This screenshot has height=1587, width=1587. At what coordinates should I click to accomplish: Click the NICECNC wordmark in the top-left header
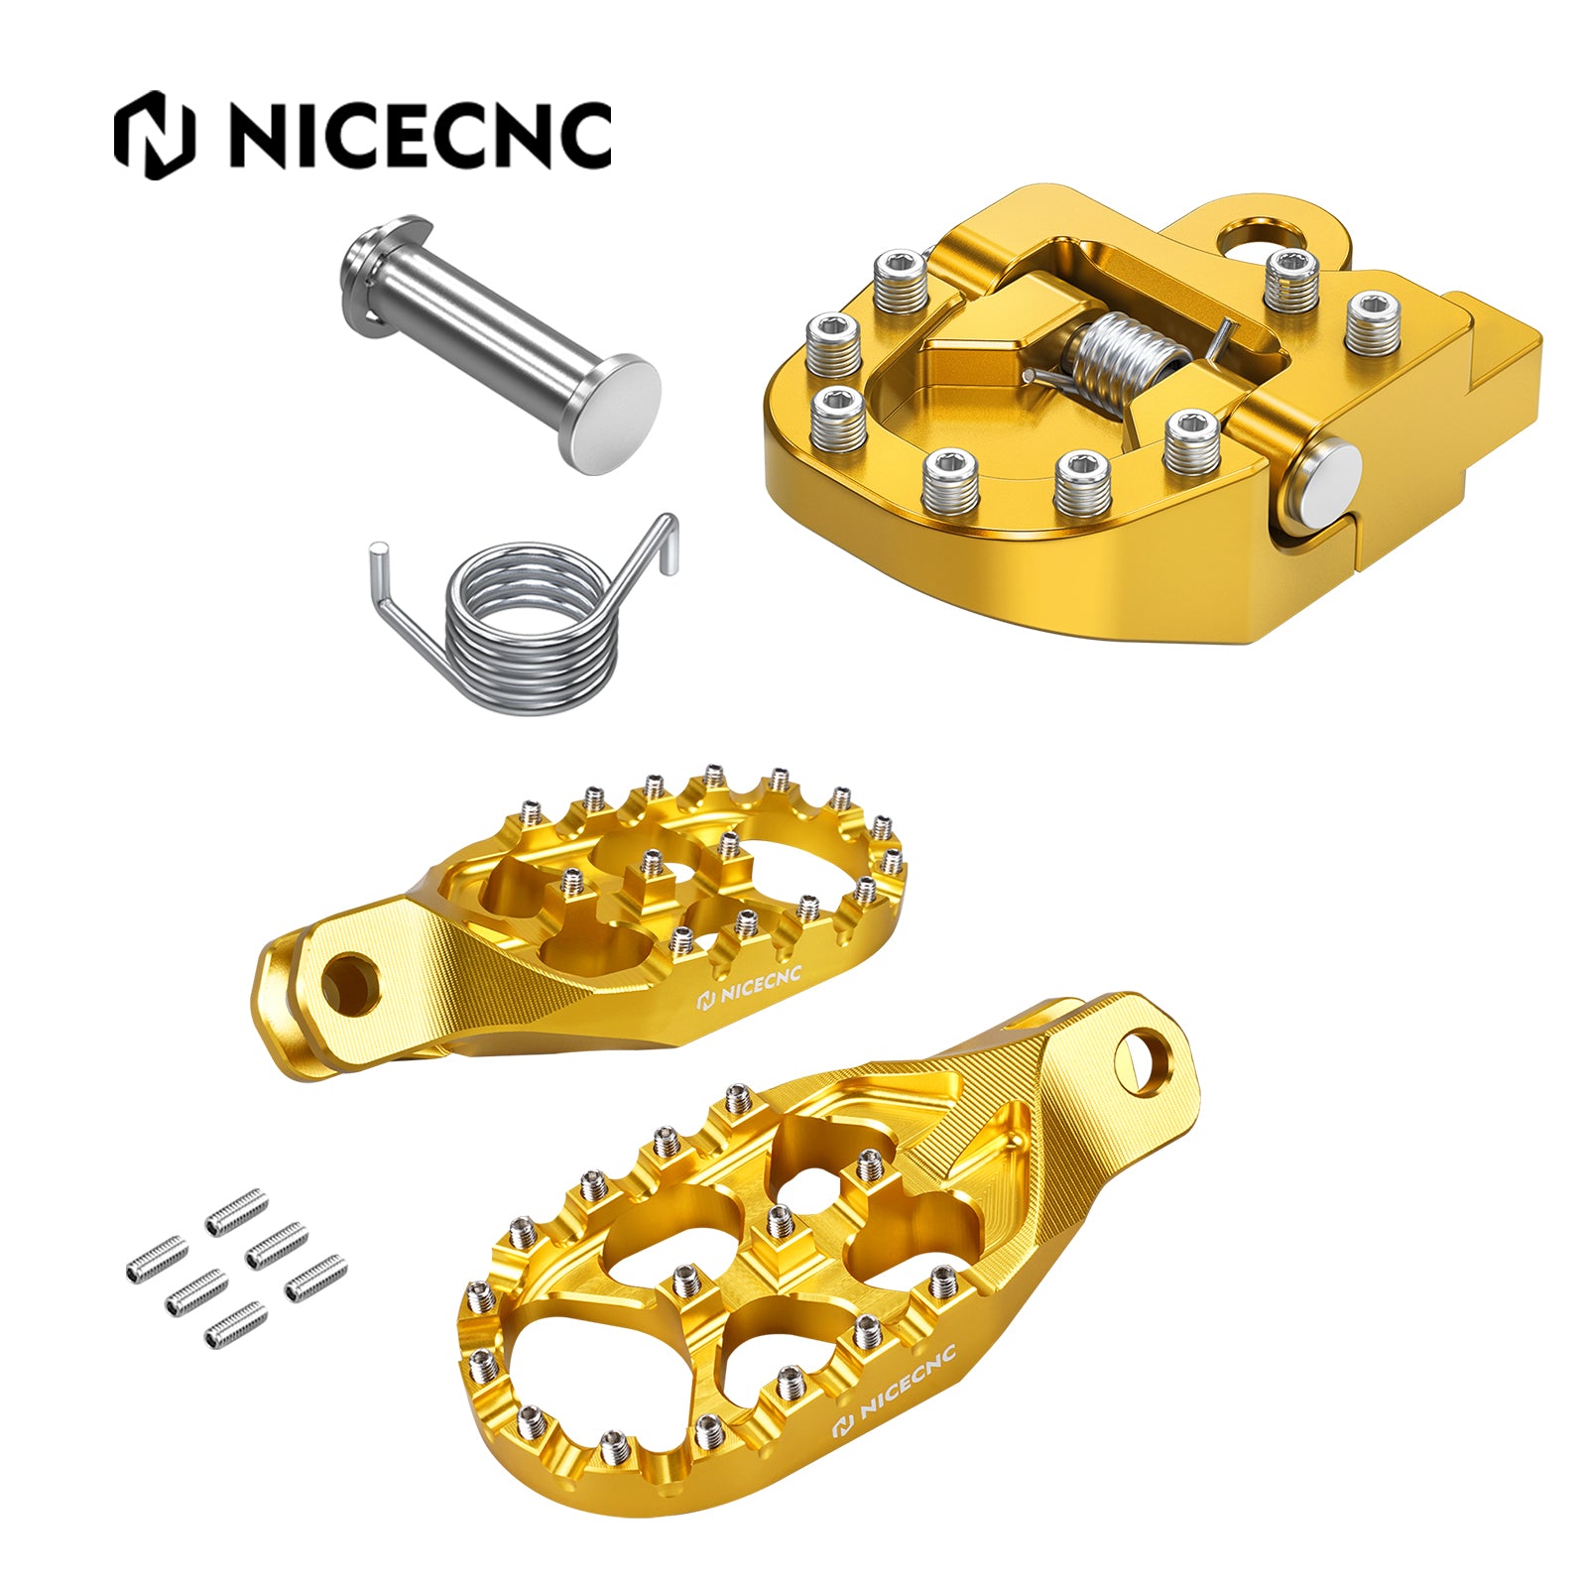point(421,136)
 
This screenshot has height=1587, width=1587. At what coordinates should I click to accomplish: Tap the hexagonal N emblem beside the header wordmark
point(154,136)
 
